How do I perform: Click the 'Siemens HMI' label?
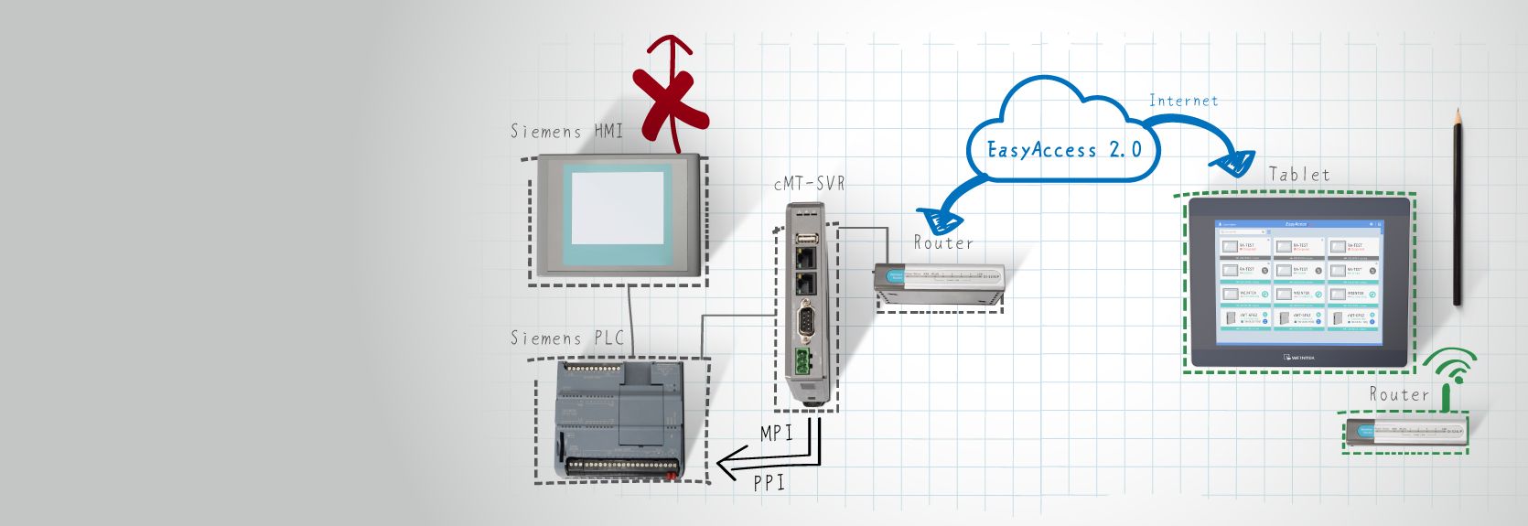(565, 132)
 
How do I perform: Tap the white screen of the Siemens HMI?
(619, 208)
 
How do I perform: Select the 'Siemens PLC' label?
(566, 338)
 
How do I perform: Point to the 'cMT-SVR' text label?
(809, 184)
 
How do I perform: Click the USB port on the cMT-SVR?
(806, 240)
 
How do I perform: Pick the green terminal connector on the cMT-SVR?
(804, 361)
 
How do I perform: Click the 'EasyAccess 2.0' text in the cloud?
(1064, 150)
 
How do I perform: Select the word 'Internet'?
(1183, 101)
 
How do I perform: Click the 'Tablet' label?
(1299, 174)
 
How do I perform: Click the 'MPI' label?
(776, 433)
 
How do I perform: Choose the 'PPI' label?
(769, 482)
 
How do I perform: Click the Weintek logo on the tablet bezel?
(1298, 357)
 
